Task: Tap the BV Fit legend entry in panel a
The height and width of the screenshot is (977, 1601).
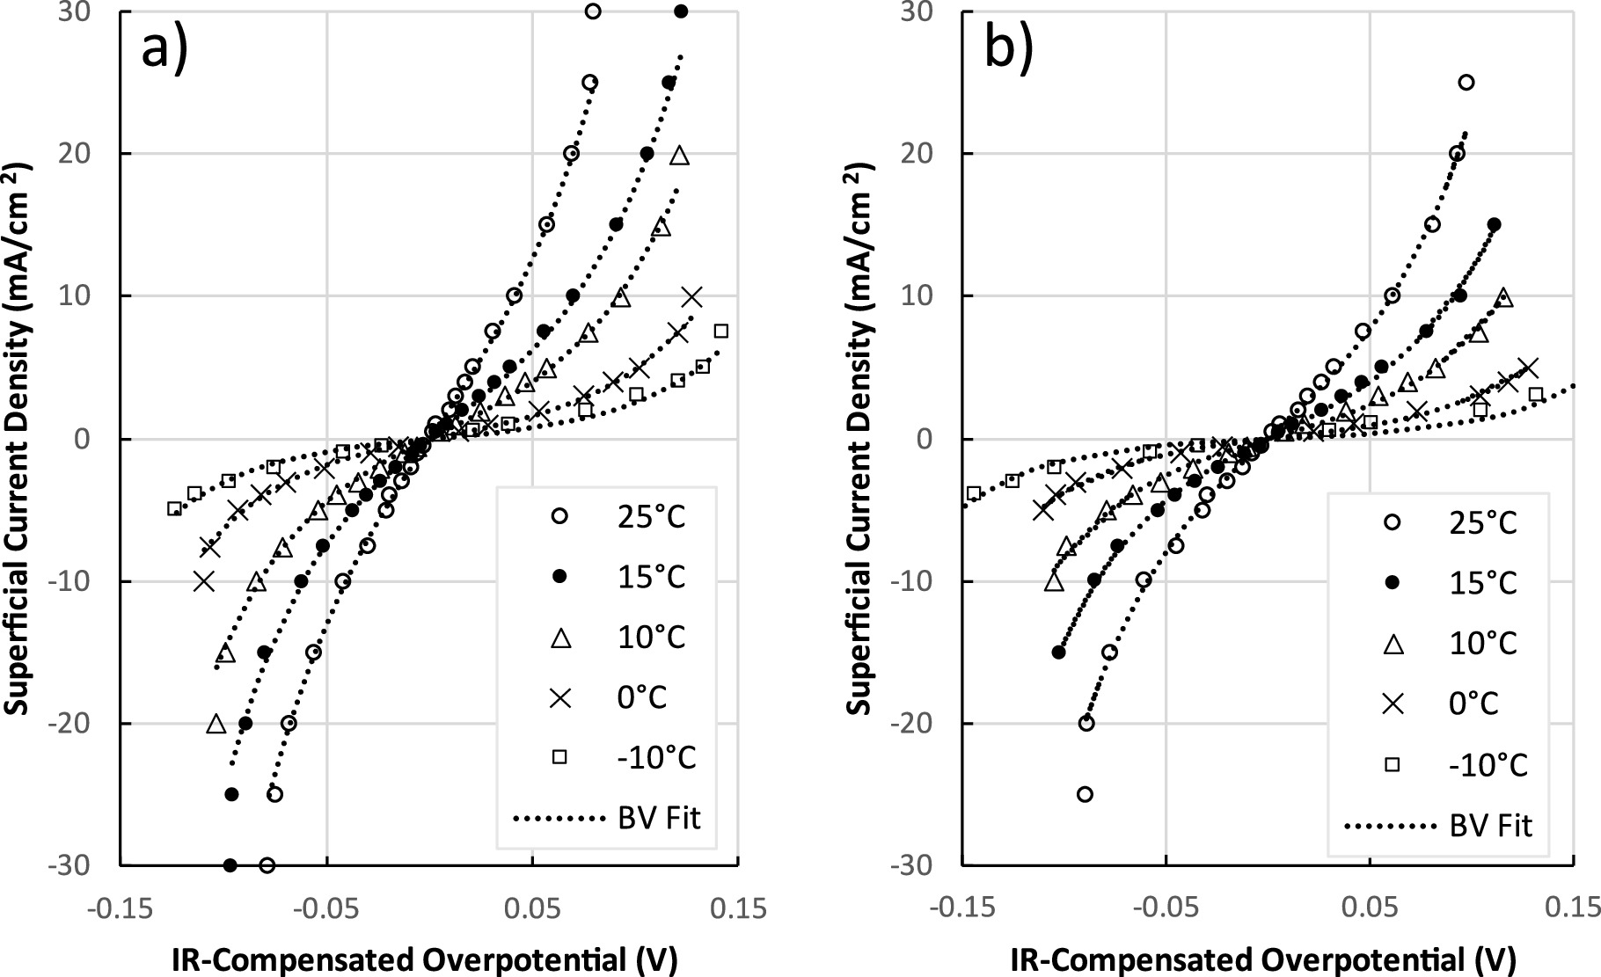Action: pos(607,818)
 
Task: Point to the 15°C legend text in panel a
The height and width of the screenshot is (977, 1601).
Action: pos(652,577)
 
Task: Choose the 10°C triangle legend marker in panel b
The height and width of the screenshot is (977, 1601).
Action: pos(1393,644)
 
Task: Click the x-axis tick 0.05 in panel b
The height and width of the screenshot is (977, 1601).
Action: pos(1371,908)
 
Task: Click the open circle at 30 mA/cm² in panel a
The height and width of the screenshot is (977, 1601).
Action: pos(593,11)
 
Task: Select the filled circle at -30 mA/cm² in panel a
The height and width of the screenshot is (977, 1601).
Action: pos(230,865)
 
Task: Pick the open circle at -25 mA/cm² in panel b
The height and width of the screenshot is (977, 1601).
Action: pos(1085,794)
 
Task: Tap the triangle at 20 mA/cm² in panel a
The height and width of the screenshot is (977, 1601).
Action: pos(679,156)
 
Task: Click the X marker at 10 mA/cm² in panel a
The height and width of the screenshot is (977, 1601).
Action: pos(692,296)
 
